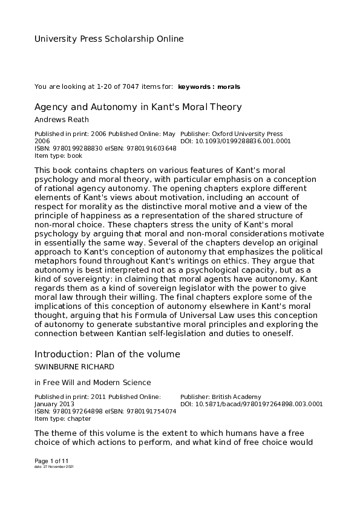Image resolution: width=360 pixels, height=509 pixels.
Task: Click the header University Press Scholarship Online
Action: pos(108,39)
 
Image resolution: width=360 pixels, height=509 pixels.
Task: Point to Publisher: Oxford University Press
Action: pos(232,134)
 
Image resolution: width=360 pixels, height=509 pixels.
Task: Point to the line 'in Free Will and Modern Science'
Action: pos(92,382)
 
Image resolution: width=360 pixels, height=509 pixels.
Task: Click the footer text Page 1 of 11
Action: pos(51,461)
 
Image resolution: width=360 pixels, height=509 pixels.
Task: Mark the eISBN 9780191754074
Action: pos(149,412)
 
